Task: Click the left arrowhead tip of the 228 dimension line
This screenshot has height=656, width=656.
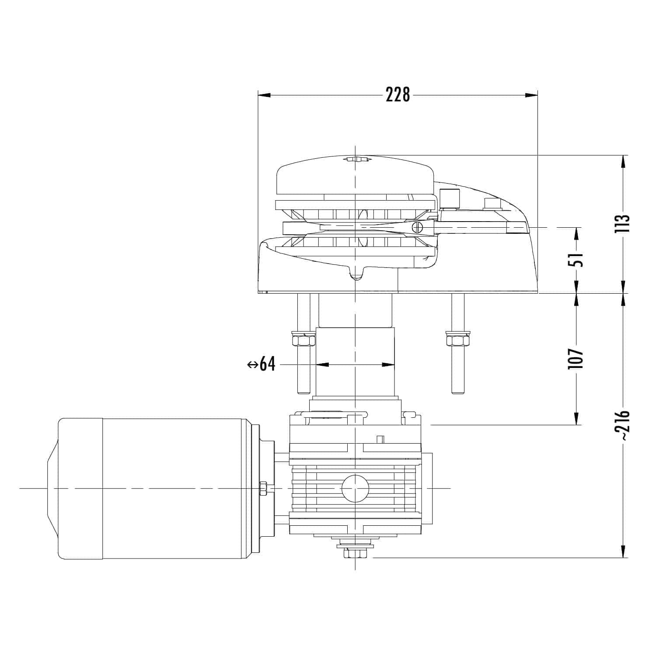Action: (258, 95)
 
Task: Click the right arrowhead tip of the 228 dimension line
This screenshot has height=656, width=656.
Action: (537, 95)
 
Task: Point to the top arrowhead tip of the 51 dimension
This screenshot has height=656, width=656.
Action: (577, 228)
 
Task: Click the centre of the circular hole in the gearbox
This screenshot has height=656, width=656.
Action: (355, 488)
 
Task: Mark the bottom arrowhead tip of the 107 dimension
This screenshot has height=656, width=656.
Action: (577, 424)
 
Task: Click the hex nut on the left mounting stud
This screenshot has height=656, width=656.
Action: (303, 339)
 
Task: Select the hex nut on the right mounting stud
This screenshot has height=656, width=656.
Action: (457, 339)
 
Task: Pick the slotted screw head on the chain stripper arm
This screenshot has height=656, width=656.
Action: (418, 227)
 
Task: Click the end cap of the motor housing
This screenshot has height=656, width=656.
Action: (80, 488)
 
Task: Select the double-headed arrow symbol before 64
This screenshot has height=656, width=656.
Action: (253, 364)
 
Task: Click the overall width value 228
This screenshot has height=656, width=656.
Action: (398, 95)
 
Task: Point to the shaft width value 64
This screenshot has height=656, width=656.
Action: (268, 364)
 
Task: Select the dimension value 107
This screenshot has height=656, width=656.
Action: (576, 358)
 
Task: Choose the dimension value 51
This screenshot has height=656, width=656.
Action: (576, 260)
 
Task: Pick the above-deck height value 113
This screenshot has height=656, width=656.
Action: (622, 224)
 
